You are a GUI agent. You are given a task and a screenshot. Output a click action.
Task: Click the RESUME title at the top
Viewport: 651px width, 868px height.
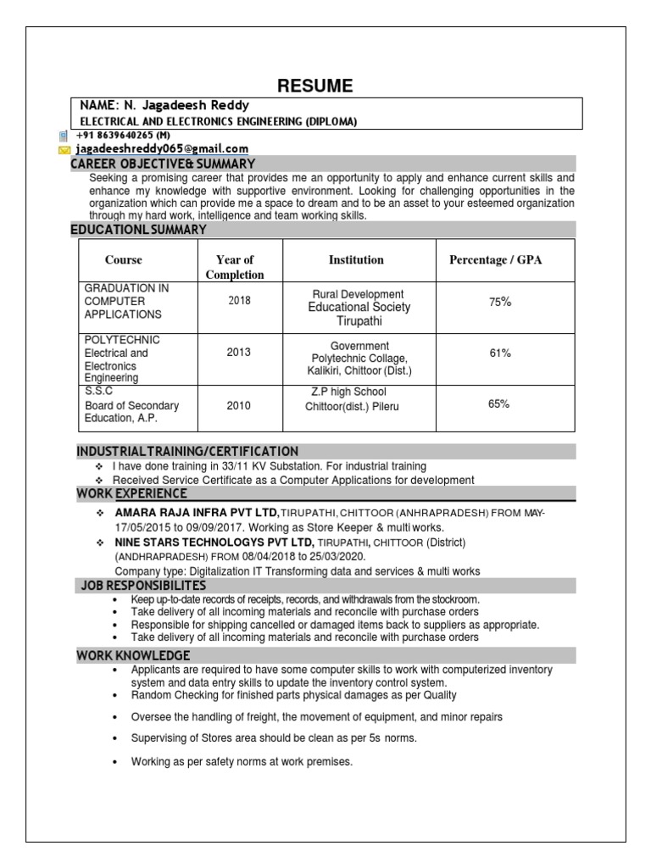point(315,86)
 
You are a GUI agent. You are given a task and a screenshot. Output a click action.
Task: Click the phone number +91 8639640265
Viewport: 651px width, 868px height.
point(123,135)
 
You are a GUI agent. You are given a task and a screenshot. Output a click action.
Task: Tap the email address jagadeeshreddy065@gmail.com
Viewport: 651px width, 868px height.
point(162,148)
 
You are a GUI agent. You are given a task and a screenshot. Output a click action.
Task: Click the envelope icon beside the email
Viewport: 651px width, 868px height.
point(64,149)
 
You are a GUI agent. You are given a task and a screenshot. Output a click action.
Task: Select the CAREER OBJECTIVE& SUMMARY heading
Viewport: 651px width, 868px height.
point(163,163)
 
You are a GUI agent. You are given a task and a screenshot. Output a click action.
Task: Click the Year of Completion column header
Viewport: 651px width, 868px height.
point(235,267)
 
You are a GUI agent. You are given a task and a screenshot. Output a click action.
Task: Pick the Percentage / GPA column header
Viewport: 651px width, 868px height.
point(495,260)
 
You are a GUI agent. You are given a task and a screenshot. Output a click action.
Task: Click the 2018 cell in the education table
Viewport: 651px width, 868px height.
point(239,301)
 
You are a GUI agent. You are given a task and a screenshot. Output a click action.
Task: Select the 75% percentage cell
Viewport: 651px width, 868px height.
point(500,302)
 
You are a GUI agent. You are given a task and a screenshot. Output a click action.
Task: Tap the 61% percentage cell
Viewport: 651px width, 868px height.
point(500,353)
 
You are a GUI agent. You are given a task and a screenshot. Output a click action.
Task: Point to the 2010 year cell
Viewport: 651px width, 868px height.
point(239,405)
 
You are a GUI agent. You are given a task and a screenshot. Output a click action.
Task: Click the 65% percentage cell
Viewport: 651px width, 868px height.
point(498,404)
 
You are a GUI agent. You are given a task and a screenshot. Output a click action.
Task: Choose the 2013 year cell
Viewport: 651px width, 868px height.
point(239,353)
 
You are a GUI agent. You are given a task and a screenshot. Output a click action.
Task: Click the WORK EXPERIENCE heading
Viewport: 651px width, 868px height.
point(132,493)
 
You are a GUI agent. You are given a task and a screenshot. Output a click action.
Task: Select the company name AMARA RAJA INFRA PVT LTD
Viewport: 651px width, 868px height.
point(197,513)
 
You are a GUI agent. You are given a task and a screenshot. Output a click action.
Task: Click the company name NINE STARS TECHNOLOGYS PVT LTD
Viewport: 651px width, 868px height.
point(214,542)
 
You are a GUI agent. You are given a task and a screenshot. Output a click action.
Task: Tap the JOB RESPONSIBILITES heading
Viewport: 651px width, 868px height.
point(143,586)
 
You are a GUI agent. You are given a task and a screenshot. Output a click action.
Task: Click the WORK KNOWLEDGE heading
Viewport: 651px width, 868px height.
point(133,655)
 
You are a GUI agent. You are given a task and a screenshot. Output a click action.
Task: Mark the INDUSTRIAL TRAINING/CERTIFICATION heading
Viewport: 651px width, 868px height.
point(187,451)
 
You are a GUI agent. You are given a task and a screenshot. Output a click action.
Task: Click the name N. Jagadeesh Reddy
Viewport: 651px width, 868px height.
point(164,106)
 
